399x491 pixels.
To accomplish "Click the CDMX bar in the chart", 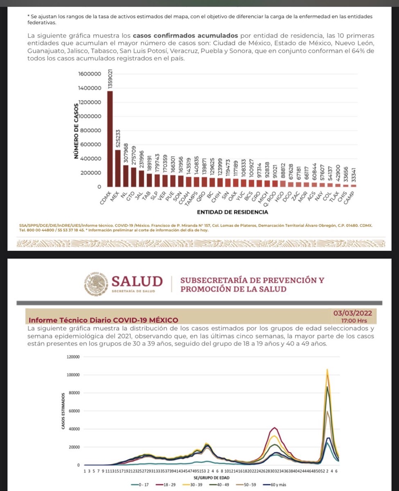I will [110, 139].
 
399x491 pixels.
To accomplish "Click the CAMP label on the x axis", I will [350, 198].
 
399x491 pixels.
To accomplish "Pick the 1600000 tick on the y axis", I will [89, 74].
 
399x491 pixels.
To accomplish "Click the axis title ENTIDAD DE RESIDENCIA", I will [232, 212].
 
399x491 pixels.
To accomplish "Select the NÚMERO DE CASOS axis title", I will [75, 131].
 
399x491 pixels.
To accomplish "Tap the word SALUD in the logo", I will [137, 282].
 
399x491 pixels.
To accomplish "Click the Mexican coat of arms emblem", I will [97, 284].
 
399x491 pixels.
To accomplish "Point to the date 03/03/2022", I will [352, 313].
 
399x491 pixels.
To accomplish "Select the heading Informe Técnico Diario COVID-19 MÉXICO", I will [103, 320].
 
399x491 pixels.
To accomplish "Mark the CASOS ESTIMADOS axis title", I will [63, 411].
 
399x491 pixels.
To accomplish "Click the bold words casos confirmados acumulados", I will [187, 36].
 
